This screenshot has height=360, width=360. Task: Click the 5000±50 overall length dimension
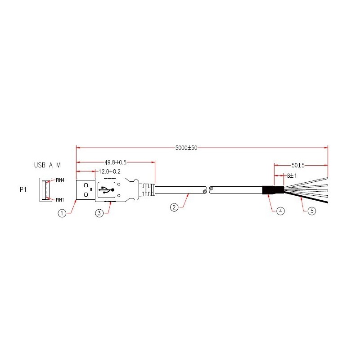(186, 147)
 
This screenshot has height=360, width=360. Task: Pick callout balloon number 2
(174, 207)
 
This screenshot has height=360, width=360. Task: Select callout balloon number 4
(281, 211)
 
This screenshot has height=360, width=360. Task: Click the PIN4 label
(60, 180)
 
